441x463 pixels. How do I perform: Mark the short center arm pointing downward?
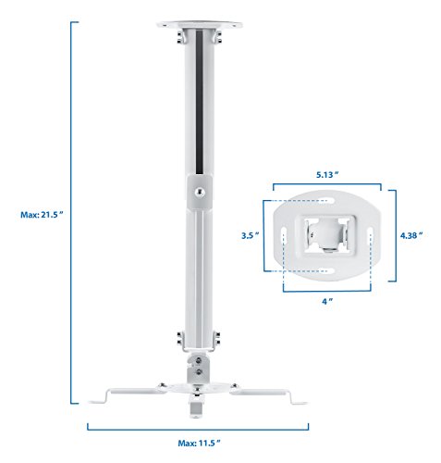pos(198,406)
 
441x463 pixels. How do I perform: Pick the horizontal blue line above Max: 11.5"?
pos(201,428)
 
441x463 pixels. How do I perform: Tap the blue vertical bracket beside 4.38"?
pos(394,235)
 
